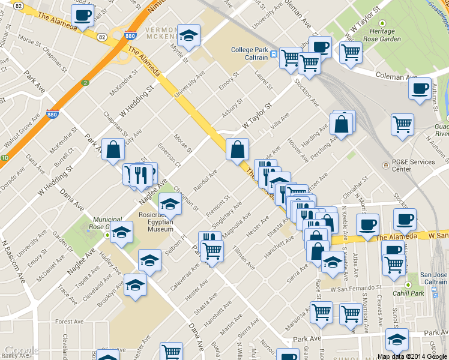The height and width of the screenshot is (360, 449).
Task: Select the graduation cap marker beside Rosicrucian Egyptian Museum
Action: tap(170, 204)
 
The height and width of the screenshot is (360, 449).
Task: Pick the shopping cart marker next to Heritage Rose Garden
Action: tap(351, 51)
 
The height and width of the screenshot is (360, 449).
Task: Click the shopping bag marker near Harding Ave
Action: tap(342, 125)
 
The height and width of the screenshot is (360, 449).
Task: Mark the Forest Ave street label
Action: tap(68, 322)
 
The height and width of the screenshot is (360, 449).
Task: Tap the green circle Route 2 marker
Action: tap(85, 83)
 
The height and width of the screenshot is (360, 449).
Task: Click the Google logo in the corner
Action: tap(21, 350)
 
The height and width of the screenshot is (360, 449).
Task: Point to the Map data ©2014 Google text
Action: tap(412, 356)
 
